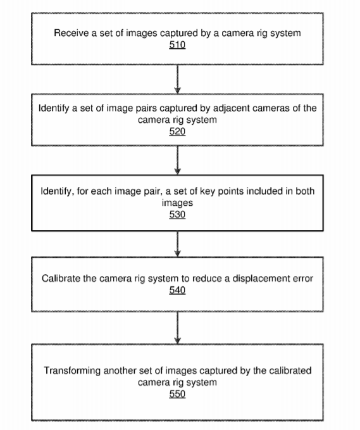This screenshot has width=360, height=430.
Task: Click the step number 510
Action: pyautogui.click(x=177, y=45)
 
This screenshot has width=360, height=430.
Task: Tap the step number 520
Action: pyautogui.click(x=177, y=131)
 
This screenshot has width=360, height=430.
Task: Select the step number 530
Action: pyautogui.click(x=177, y=214)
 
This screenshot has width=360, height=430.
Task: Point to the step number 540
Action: pyautogui.click(x=177, y=290)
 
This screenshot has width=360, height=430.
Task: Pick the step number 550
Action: pyautogui.click(x=177, y=394)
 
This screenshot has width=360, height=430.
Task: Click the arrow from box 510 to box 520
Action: pyautogui.click(x=178, y=79)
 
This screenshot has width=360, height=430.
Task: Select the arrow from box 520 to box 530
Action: pyautogui.click(x=178, y=160)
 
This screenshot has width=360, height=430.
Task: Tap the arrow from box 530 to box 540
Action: pyautogui.click(x=178, y=244)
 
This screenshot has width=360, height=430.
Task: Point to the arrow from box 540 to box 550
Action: pyautogui.click(x=178, y=328)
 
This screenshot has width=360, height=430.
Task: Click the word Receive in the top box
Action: pyautogui.click(x=71, y=33)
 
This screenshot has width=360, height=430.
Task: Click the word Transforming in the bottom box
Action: pyautogui.click(x=72, y=370)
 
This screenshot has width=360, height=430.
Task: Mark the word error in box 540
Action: pyautogui.click(x=302, y=279)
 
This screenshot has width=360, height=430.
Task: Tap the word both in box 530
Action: pyautogui.click(x=305, y=191)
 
